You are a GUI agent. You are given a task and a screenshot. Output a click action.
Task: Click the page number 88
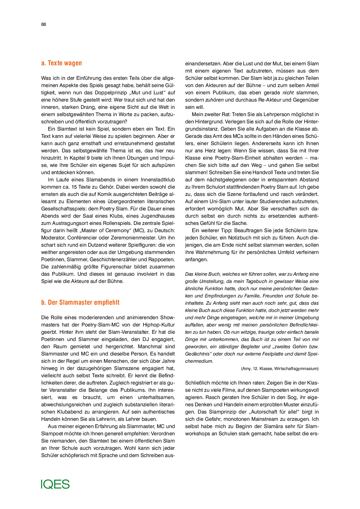point(44,24)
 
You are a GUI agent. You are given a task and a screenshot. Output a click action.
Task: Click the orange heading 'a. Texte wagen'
point(62,63)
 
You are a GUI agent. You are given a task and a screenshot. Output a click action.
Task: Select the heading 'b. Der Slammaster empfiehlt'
point(80,302)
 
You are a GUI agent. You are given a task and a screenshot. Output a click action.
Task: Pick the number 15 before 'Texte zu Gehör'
point(74,187)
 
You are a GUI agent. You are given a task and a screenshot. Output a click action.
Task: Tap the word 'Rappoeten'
point(161,259)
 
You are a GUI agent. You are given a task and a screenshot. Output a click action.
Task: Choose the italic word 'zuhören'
point(214,100)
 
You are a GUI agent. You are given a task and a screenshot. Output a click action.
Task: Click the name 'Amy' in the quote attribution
point(246,369)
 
